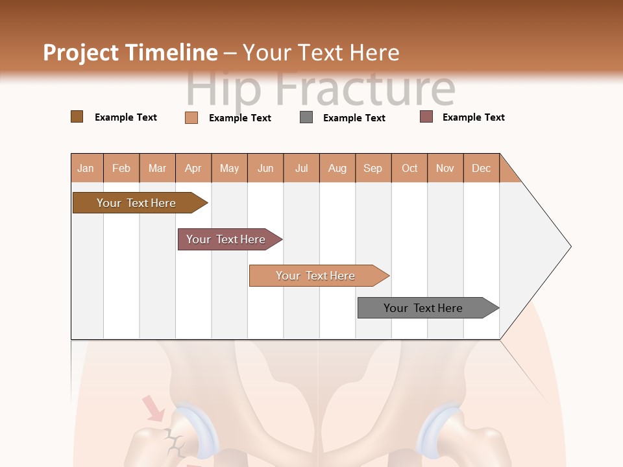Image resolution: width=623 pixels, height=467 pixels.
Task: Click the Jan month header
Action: point(86,168)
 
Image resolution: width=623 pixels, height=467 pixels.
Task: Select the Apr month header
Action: point(193,168)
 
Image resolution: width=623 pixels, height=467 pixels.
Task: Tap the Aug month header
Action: point(337,168)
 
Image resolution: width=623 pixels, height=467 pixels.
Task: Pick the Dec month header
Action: point(481,168)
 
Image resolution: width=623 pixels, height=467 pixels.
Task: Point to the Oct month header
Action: point(409,168)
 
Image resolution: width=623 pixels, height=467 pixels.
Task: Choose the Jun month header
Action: point(265,168)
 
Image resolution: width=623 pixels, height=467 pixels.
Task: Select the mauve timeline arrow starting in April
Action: point(227,239)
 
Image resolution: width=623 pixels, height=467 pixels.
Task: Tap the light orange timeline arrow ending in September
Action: point(317,276)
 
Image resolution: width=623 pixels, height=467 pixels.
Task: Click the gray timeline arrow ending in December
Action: point(425,308)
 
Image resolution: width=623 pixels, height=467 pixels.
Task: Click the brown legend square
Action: point(77,117)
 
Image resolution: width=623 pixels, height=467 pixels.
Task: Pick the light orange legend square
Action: point(191,117)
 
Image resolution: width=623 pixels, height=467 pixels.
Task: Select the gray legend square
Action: point(306,117)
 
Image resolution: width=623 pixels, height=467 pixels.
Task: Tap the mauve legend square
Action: point(426,117)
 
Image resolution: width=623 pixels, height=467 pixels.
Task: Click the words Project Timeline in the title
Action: point(130,52)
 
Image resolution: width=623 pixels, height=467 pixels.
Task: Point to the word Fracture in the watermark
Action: point(367,89)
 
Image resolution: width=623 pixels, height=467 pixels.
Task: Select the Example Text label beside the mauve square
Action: point(473,117)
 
